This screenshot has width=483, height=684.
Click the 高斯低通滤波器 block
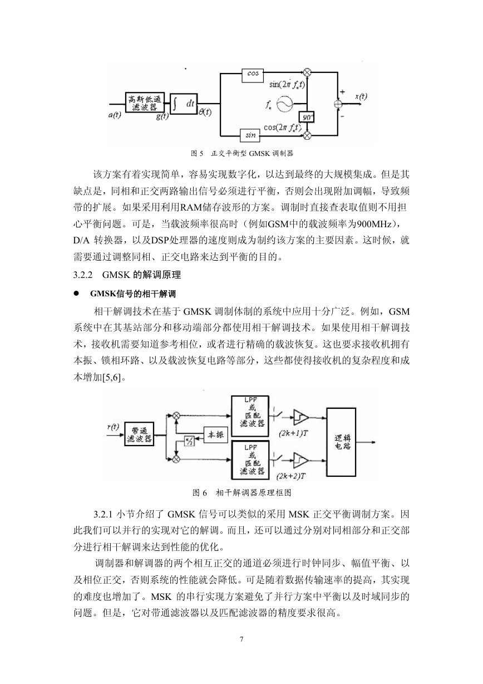click(145, 102)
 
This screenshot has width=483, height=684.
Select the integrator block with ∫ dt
click(184, 104)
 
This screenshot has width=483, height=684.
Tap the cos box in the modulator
click(253, 75)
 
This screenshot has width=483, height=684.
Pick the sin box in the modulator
click(250, 135)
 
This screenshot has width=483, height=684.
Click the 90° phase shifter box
click(307, 117)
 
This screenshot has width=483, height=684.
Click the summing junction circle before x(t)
click(338, 104)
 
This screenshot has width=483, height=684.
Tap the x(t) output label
click(361, 96)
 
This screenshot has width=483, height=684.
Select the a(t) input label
click(115, 115)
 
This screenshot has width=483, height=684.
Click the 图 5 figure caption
click(242, 153)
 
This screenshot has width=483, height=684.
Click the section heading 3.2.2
click(127, 275)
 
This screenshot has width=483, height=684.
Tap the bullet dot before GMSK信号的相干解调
click(76, 294)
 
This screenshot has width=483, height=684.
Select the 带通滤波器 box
click(139, 434)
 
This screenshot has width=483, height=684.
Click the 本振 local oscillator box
click(216, 434)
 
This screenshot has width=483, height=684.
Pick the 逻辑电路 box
click(341, 442)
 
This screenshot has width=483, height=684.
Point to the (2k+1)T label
click(293, 433)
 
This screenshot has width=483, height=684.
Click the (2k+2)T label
click(291, 476)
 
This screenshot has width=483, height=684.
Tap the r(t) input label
click(113, 427)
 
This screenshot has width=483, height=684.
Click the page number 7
click(241, 639)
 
